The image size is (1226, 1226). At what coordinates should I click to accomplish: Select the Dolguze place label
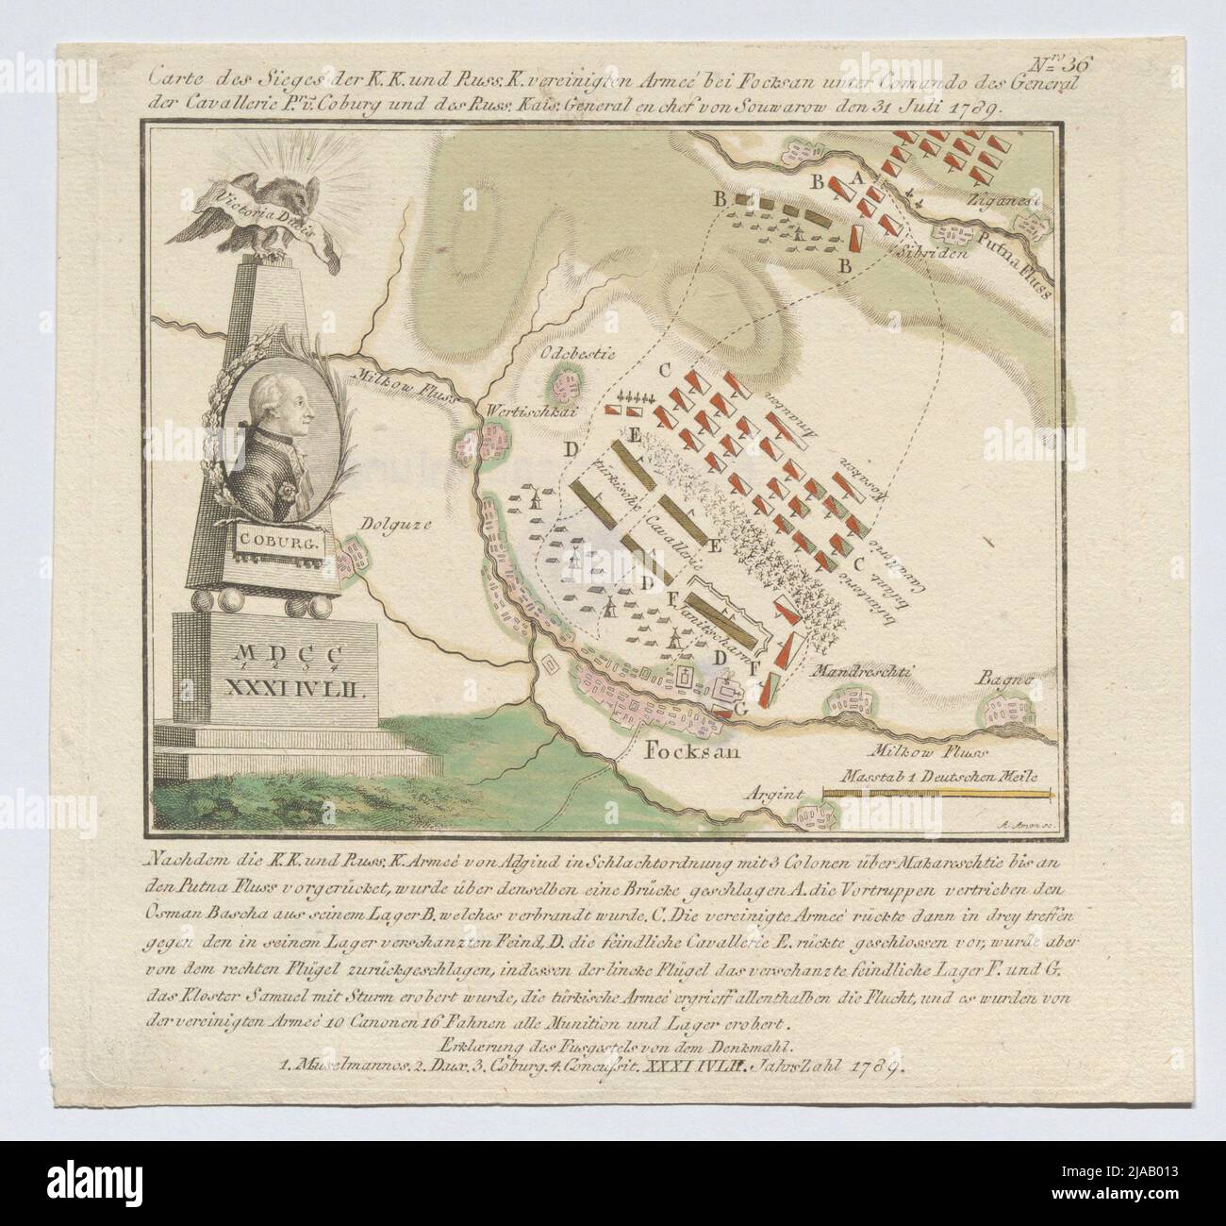[389, 516]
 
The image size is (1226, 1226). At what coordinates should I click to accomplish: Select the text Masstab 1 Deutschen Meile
[930, 776]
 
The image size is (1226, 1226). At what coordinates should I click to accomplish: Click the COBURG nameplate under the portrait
[267, 544]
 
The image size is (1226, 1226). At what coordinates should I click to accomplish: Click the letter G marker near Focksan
[741, 707]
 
